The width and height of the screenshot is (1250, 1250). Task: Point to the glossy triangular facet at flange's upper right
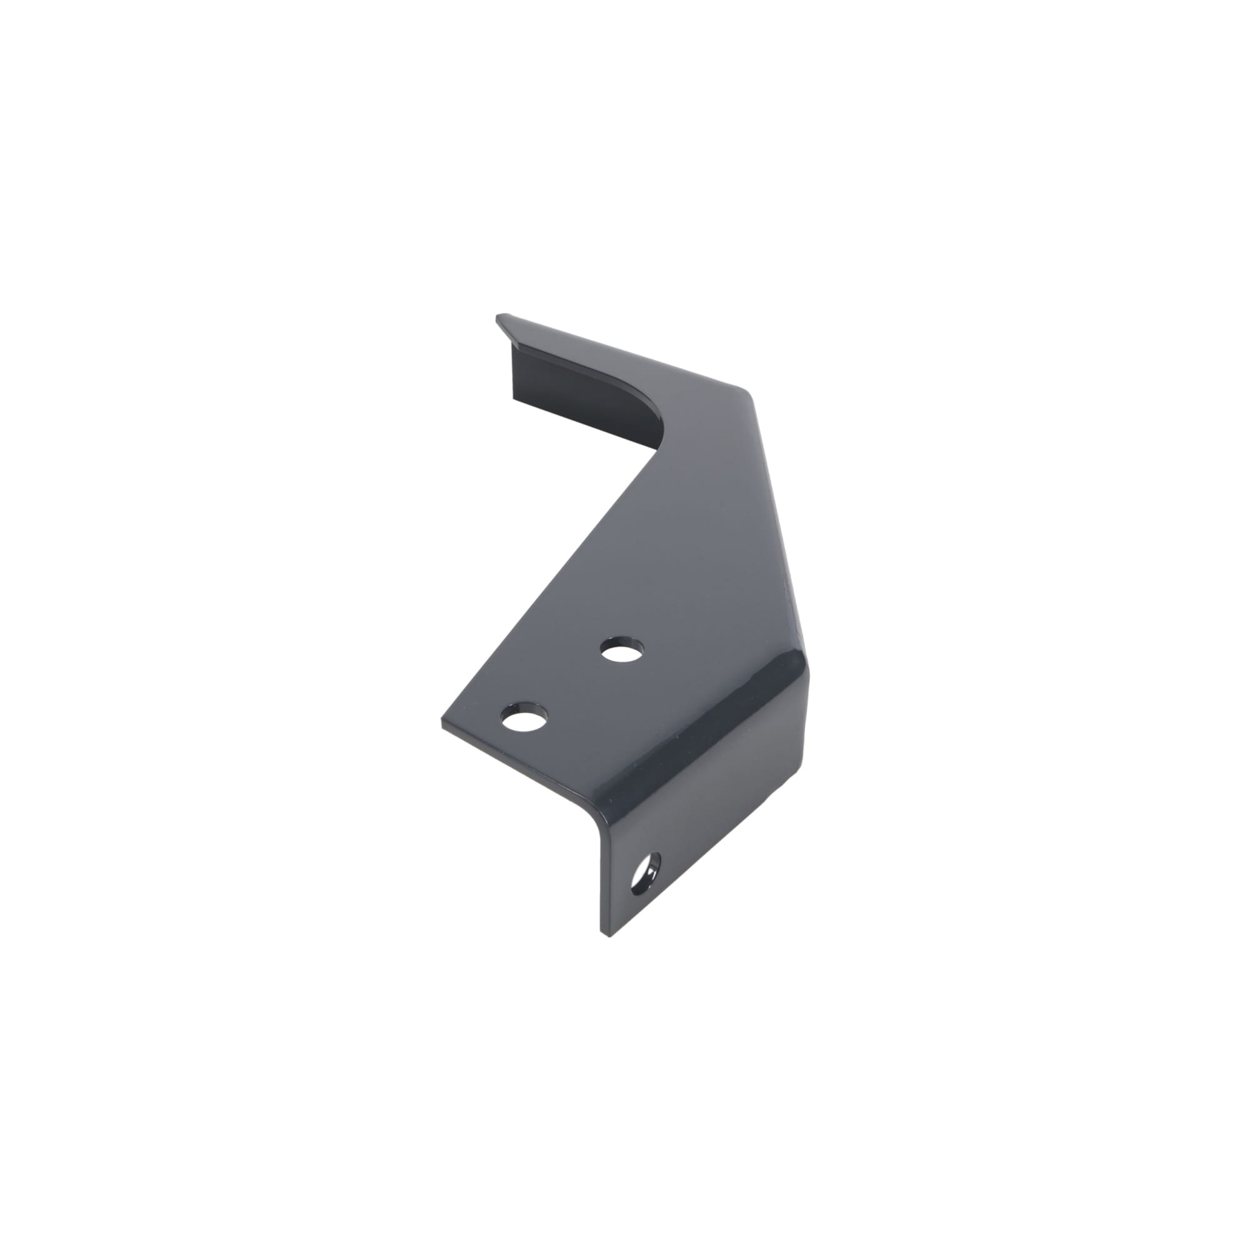(x=792, y=673)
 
